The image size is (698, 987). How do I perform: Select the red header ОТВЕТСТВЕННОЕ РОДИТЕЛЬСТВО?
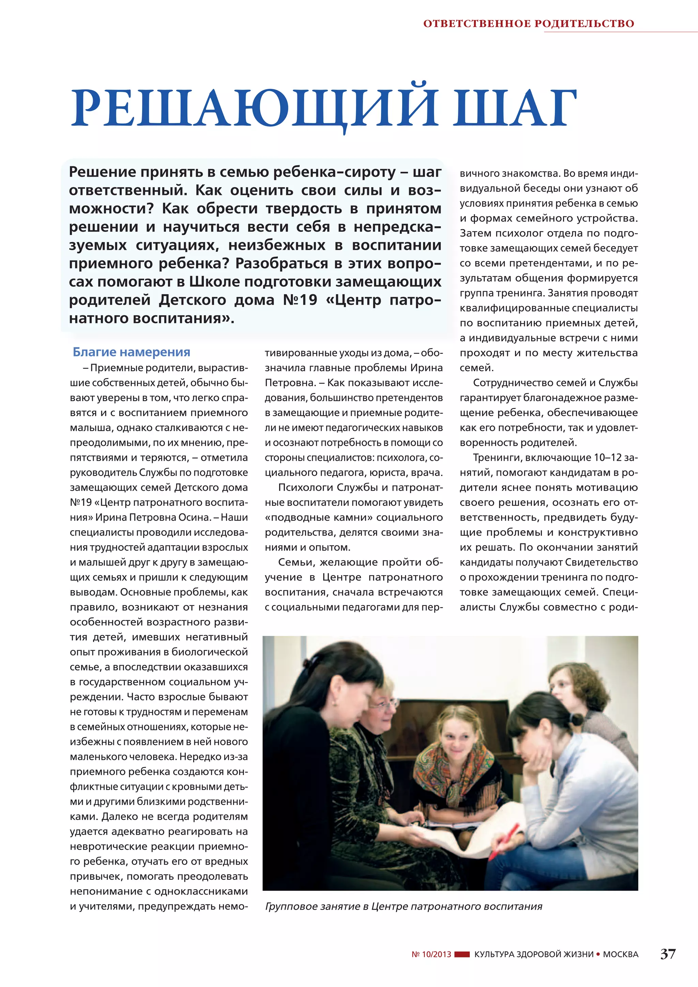pos(528,24)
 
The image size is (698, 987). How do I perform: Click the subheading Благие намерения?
pos(131,352)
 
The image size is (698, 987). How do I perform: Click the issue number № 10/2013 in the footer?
pos(431,955)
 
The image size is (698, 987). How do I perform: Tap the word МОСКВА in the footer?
pos(620,955)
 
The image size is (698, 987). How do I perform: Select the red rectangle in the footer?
pos(462,955)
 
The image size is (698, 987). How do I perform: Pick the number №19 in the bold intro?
pos(300,300)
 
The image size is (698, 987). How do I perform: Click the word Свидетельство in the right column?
pos(601,562)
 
